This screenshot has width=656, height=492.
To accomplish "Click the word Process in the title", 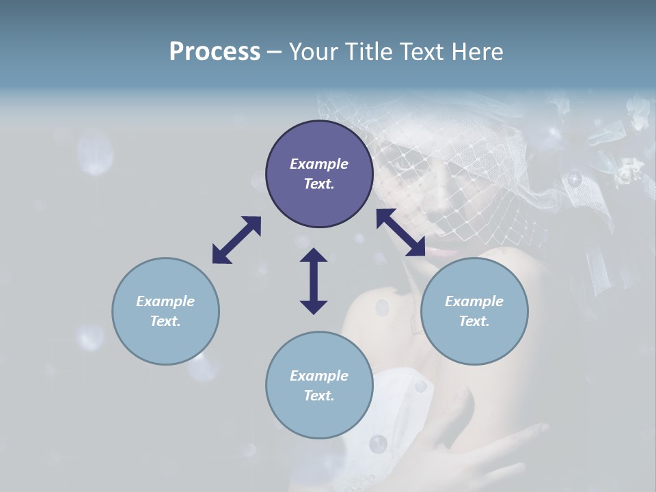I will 215,52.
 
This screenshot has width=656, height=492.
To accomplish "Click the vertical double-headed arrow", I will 314,281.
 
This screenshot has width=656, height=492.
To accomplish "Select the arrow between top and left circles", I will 236,240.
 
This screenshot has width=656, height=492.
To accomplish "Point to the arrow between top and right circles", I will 401,232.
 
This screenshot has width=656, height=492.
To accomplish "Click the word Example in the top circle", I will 319,164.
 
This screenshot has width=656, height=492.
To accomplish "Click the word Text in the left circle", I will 165,321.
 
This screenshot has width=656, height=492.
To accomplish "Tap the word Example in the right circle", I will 474,301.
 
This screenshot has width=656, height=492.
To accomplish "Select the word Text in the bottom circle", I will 319,396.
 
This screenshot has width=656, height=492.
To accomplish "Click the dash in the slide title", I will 274,52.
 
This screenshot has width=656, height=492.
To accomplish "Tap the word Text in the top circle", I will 319,184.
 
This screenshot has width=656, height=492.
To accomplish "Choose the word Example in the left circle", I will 165,301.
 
